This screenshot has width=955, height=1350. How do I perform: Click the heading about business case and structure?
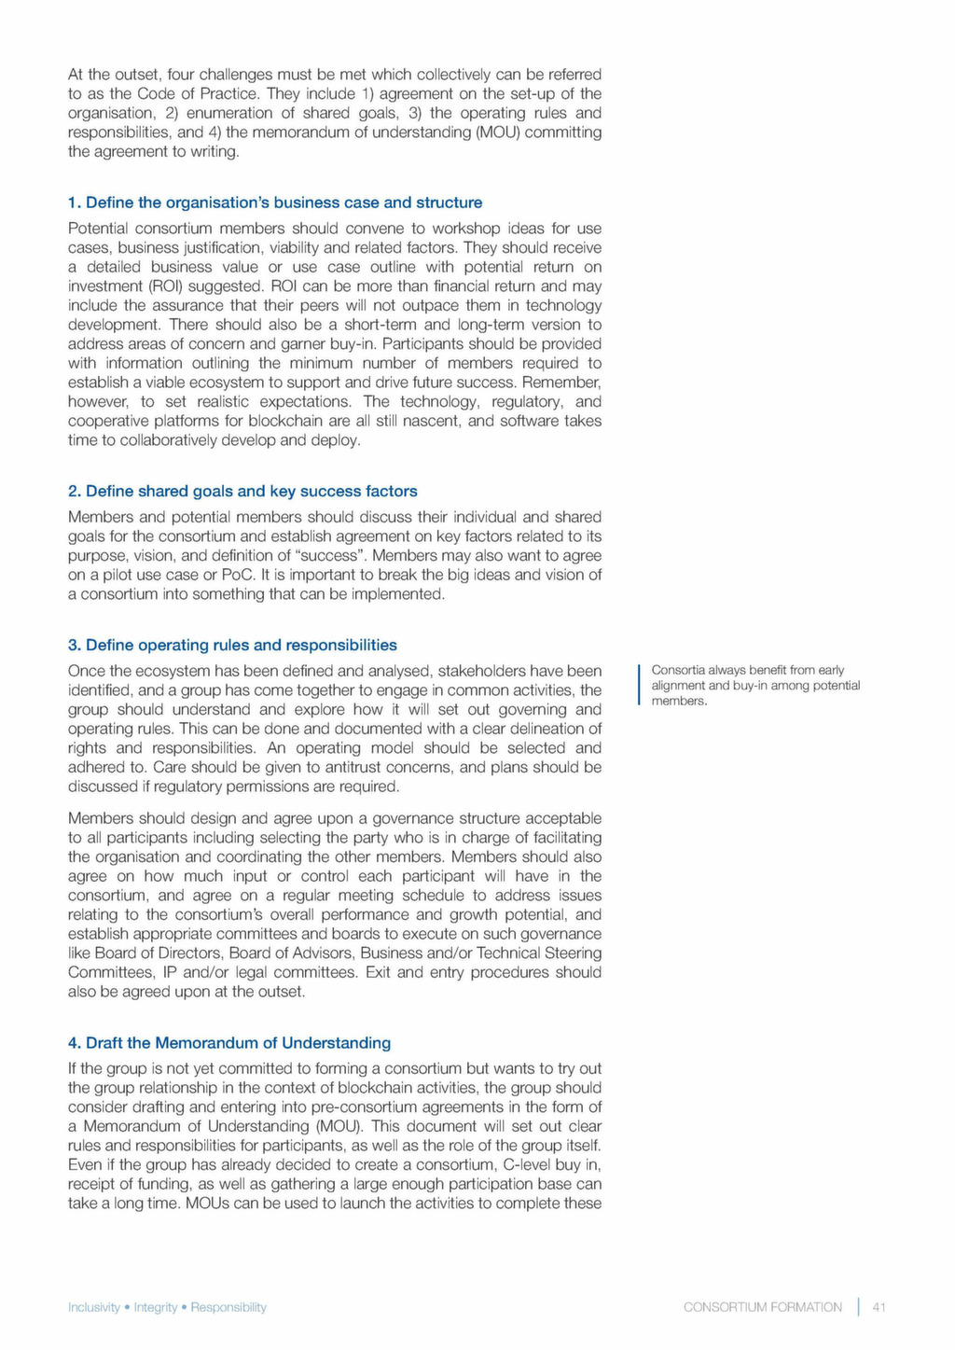pyautogui.click(x=275, y=202)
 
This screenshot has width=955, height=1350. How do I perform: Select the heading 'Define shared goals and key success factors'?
pyautogui.click(x=242, y=491)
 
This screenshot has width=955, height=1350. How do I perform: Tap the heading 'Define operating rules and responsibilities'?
pyautogui.click(x=232, y=645)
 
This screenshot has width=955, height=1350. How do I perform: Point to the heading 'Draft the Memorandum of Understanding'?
pyautogui.click(x=229, y=1042)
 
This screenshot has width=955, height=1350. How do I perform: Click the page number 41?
pyautogui.click(x=879, y=1307)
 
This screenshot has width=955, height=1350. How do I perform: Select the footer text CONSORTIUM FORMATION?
pyautogui.click(x=762, y=1307)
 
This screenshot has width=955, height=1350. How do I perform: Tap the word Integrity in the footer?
pyautogui.click(x=155, y=1307)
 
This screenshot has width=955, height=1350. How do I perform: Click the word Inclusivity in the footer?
pyautogui.click(x=94, y=1307)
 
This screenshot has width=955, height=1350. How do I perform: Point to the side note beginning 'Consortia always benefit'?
pyautogui.click(x=754, y=685)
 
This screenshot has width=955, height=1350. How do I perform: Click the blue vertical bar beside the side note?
pyautogui.click(x=639, y=685)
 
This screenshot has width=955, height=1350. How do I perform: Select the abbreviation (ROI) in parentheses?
pyautogui.click(x=165, y=286)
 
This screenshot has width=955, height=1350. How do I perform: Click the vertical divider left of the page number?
pyautogui.click(x=858, y=1307)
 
